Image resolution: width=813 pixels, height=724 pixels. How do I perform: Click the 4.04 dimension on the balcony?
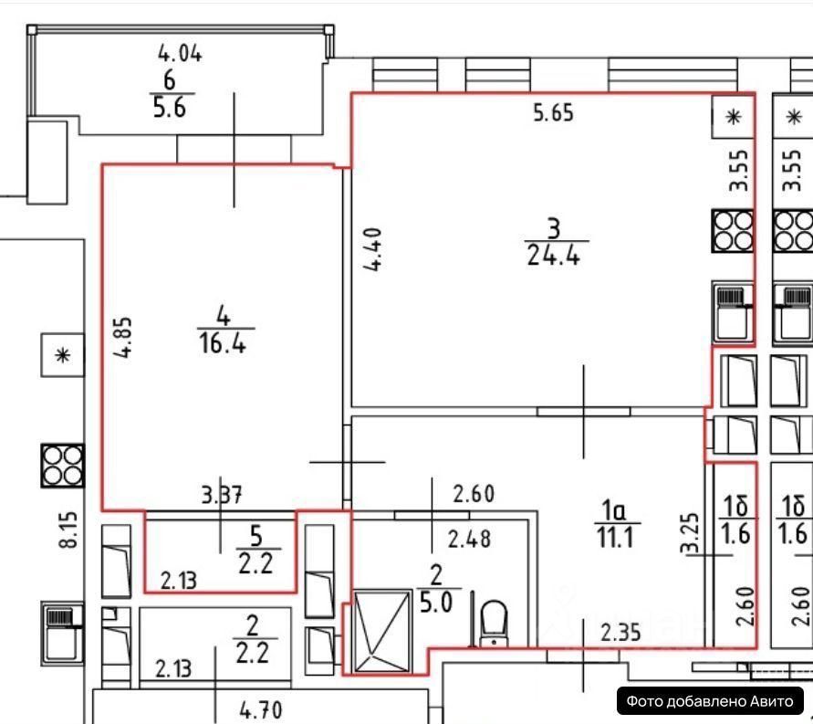180,54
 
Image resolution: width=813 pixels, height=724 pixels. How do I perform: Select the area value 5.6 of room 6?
170,108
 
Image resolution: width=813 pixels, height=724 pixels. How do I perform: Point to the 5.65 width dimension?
553,113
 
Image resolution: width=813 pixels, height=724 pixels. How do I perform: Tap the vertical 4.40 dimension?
373,249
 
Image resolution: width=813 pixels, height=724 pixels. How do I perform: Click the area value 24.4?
553,256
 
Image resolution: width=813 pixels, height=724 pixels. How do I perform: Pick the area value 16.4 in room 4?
223,343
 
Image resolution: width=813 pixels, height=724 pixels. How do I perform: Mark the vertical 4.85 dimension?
123,337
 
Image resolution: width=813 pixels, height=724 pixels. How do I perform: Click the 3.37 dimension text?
222,495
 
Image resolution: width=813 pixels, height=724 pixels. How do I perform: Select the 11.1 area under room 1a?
615,538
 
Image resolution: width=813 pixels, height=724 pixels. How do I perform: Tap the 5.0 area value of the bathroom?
436,603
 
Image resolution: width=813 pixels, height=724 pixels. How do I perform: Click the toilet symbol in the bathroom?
494,624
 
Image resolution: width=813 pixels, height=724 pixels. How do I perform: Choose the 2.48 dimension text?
469,540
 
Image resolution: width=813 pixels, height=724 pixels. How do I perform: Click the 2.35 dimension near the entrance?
620,633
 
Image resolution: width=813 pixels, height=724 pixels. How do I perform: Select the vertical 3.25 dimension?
690,534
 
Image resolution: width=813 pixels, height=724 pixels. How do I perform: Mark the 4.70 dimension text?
261,710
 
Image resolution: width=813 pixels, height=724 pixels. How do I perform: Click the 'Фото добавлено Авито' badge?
710,701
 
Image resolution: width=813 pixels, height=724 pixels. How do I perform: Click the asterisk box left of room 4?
62,355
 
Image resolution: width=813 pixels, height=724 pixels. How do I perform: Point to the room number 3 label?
554,228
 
